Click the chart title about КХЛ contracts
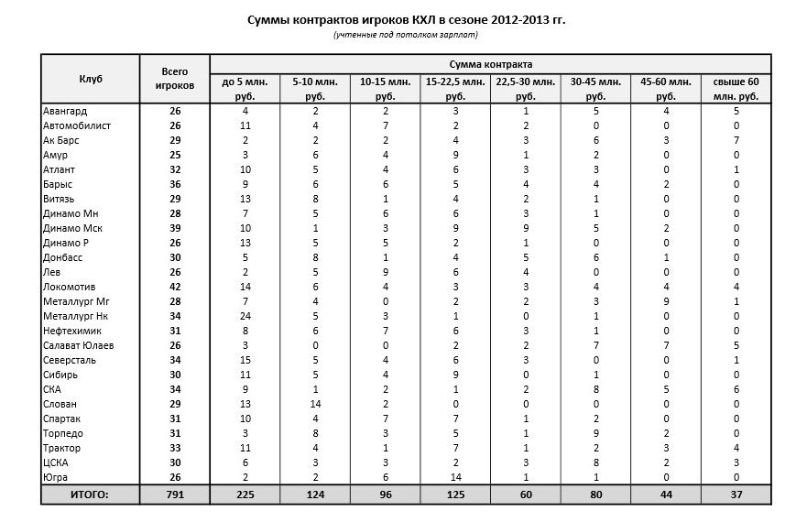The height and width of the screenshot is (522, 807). [407, 19]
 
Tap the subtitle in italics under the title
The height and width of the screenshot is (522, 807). [406, 35]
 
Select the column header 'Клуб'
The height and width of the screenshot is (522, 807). [90, 79]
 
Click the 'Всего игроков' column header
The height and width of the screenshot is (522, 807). [174, 78]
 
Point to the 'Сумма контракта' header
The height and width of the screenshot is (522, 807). [490, 64]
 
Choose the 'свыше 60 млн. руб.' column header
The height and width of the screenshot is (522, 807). [736, 89]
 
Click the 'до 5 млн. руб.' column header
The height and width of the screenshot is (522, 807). [245, 89]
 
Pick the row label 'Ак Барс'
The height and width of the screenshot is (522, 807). [60, 140]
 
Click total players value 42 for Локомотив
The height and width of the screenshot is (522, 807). [174, 287]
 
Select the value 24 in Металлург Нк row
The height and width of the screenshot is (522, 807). [245, 316]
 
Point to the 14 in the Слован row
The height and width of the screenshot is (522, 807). [315, 404]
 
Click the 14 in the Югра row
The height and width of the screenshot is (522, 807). [455, 477]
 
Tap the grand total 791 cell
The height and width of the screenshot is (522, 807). [174, 495]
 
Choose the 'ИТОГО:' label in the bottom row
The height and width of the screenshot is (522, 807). [90, 495]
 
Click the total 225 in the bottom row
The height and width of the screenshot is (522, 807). [245, 495]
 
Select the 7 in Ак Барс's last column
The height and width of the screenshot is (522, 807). [736, 140]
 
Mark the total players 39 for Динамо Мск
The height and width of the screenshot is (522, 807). [174, 228]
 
